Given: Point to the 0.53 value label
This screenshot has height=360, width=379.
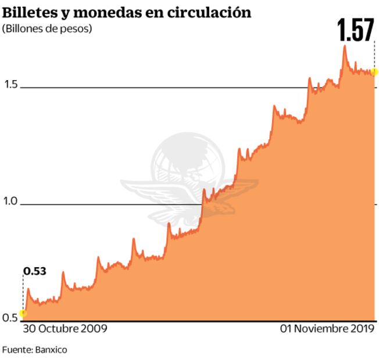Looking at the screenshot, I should coord(35,271).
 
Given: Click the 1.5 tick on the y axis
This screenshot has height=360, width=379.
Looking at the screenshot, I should coord(11,85).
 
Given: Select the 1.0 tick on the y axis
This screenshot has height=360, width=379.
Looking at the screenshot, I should coord(11,201).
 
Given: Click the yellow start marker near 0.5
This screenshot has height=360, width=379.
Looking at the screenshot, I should coord(23,314).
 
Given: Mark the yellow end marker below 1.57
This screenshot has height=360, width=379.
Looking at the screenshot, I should coord(374,72).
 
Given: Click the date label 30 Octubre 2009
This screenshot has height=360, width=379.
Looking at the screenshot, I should coord(65,329).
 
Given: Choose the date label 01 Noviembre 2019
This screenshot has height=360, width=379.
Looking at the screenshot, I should coord(328,329).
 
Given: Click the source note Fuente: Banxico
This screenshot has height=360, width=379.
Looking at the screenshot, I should coord(34,350).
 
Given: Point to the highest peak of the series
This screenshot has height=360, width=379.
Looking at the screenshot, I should coord(344,46).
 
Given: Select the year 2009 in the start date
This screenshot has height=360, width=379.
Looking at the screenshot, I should coord(95,329).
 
